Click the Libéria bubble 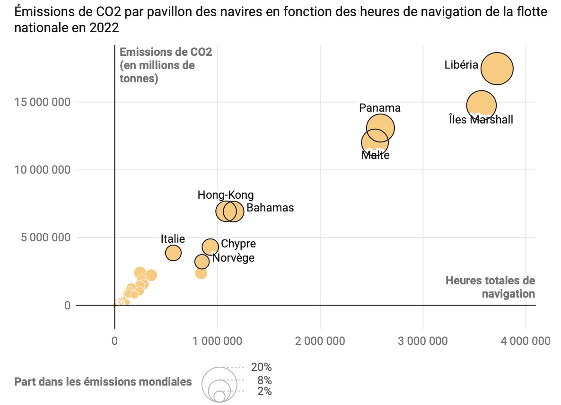pos(497,69)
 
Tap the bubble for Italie pos(173,253)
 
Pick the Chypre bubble pos(210,247)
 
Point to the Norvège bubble pos(202,262)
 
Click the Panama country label pos(380,108)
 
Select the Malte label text pos(375,155)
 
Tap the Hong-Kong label pos(226,195)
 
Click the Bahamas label pos(270,208)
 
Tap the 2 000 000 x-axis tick pos(320,341)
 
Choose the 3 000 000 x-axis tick pos(423,341)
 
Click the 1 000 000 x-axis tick pos(217,341)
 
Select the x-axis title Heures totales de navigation pos(490,287)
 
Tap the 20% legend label pos(262,367)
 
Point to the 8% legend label pos(264,380)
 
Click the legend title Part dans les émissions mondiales pos(103,382)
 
